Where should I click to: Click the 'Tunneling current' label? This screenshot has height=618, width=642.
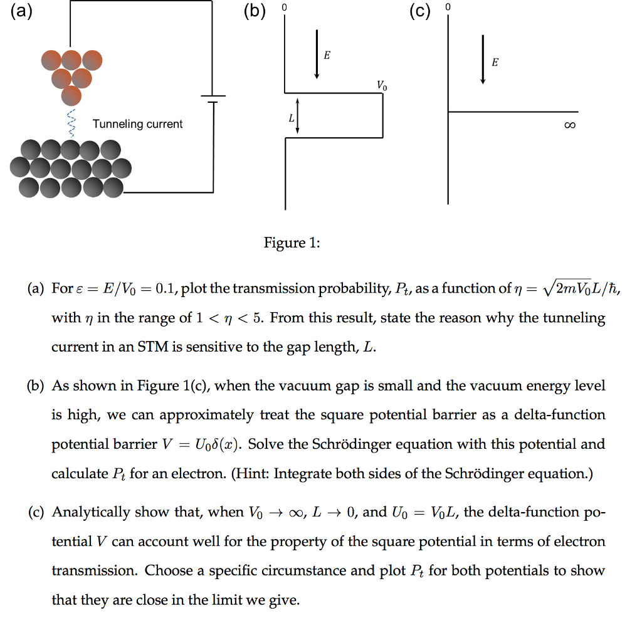click(x=137, y=124)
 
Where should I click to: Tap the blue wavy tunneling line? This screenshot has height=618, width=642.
click(x=72, y=122)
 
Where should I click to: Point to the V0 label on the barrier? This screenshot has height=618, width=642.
click(x=382, y=85)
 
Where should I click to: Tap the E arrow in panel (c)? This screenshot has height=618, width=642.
click(x=483, y=60)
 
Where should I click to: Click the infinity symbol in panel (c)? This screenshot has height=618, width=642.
click(x=569, y=127)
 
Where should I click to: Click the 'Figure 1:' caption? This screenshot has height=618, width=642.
click(x=292, y=243)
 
